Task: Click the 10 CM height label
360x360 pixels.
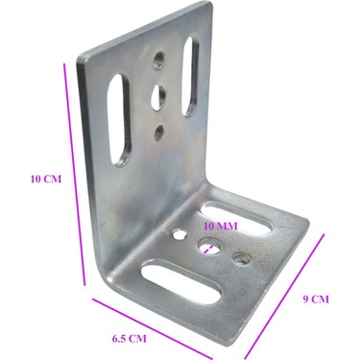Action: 46,179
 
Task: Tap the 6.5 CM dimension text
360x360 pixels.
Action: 129,339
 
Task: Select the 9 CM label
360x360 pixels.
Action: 316,300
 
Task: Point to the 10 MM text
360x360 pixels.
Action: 221,227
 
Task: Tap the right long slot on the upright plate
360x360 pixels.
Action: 191,76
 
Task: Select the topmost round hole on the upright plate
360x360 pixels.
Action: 159,60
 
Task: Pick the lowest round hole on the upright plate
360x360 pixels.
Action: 159,133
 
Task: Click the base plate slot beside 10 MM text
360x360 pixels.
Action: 237,220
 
